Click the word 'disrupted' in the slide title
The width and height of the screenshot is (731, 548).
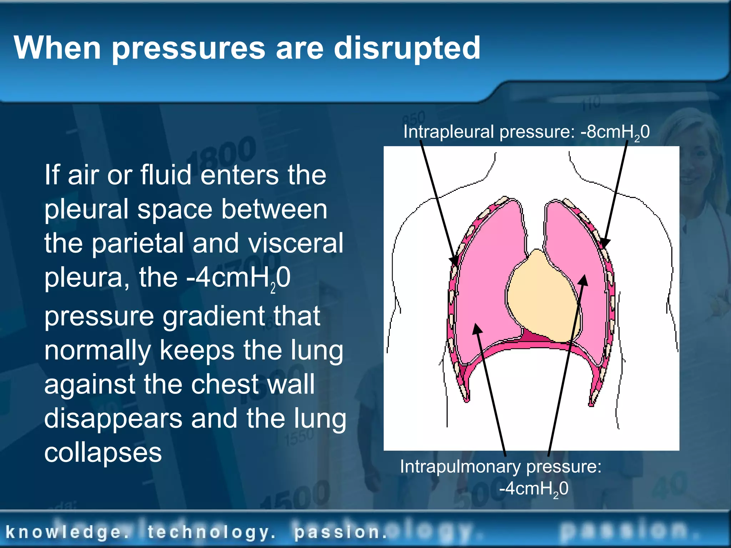tap(407, 49)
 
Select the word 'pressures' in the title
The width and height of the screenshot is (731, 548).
tap(189, 49)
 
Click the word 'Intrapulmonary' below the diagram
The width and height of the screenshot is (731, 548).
tap(460, 467)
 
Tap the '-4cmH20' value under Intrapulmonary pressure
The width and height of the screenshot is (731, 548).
tap(534, 489)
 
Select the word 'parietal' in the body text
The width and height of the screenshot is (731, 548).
tap(137, 243)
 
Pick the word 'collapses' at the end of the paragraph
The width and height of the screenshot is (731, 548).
tap(103, 453)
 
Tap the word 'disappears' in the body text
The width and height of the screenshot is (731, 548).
tap(113, 419)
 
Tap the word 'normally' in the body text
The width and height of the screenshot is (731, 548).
tap(98, 350)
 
